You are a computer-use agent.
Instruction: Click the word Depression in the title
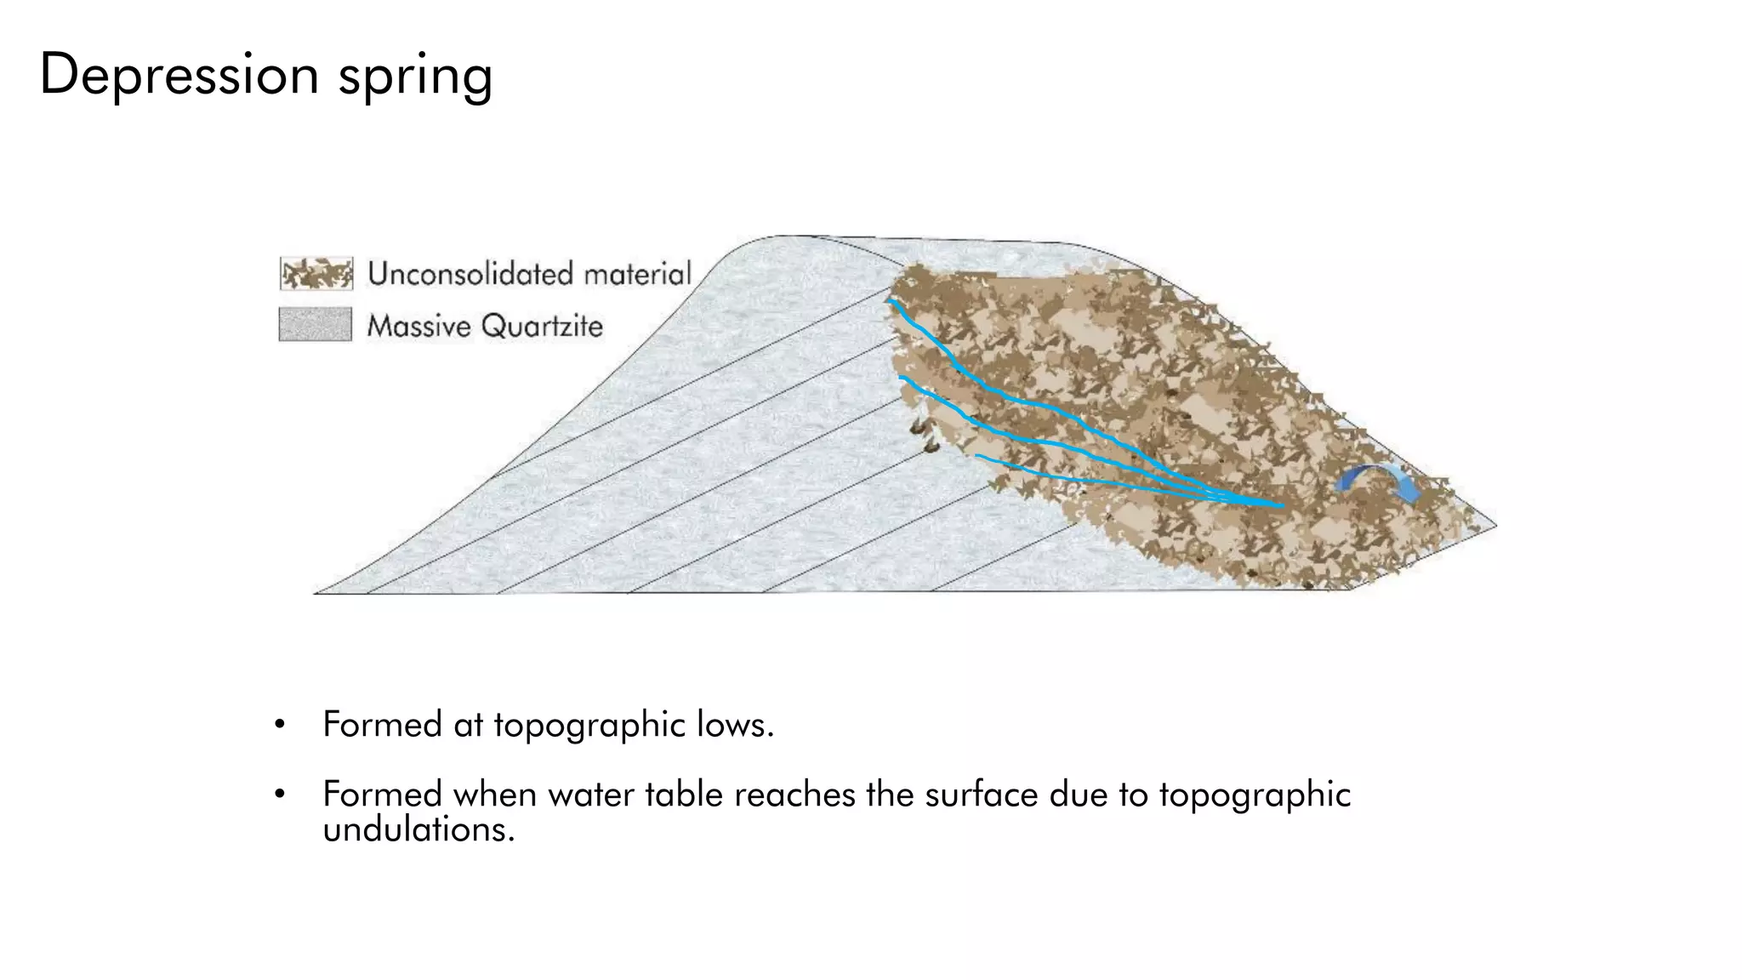[x=179, y=75]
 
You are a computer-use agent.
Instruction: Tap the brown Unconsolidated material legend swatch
[x=316, y=273]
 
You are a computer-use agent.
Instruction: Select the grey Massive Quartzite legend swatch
[x=315, y=324]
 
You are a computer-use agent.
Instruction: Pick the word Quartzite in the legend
[x=542, y=326]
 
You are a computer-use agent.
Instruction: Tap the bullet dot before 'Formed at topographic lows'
[x=279, y=726]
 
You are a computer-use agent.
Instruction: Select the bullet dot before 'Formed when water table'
[x=279, y=795]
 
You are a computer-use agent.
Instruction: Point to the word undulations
[x=418, y=830]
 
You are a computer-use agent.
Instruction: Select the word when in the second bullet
[x=494, y=795]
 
